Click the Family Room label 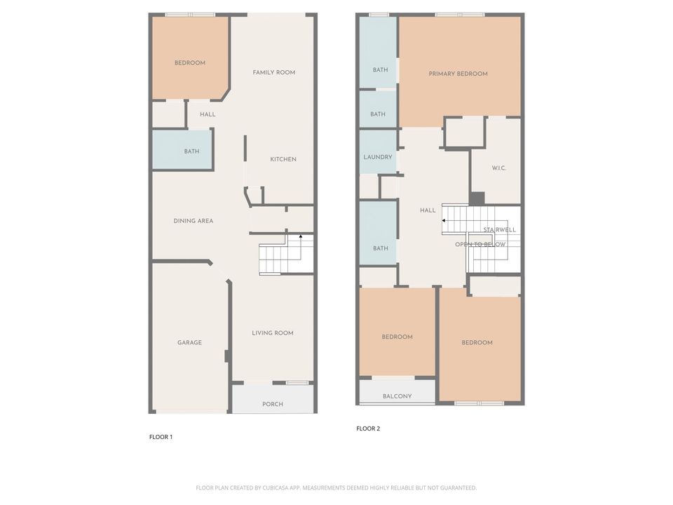[274, 72]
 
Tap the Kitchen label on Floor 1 [283, 159]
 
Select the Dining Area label [193, 221]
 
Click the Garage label [189, 343]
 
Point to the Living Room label [273, 333]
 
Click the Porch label [273, 404]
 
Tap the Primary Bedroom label [458, 74]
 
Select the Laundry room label [378, 157]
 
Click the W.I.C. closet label [499, 168]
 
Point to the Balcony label [397, 396]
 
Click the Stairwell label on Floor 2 [499, 229]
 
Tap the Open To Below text [480, 244]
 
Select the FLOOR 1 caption [161, 437]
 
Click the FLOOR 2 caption [368, 429]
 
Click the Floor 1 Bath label [191, 151]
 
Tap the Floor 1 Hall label [208, 114]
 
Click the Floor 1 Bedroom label [190, 63]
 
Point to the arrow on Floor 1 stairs [301, 237]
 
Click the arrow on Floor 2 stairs [444, 221]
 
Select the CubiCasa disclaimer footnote [336, 487]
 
